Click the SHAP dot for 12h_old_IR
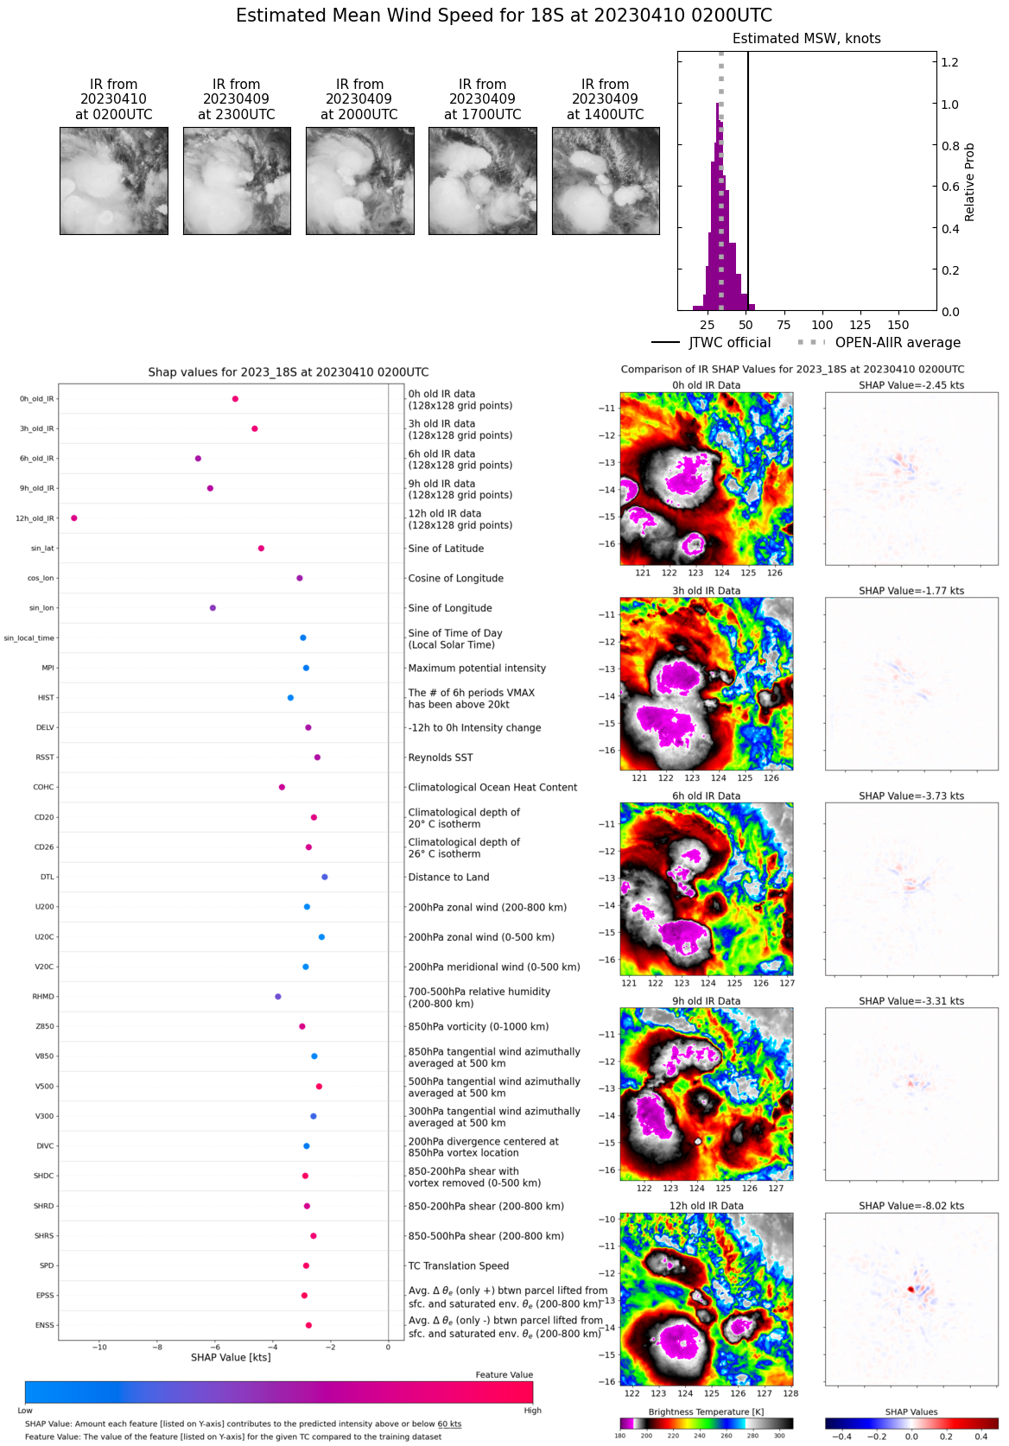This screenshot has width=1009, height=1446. pyautogui.click(x=74, y=518)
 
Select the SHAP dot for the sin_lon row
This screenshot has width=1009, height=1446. pyautogui.click(x=213, y=608)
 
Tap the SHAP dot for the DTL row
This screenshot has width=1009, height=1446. pyautogui.click(x=325, y=877)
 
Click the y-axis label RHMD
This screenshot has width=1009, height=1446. pyautogui.click(x=43, y=997)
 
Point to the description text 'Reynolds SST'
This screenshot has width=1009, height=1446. pyautogui.click(x=441, y=758)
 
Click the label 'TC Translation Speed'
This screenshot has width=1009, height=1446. pyautogui.click(x=459, y=1266)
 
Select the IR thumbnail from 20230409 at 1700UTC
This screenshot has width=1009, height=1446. pyautogui.click(x=483, y=181)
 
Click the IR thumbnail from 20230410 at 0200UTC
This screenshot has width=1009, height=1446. pyautogui.click(x=114, y=181)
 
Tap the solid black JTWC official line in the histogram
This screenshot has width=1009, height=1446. pyautogui.click(x=748, y=173)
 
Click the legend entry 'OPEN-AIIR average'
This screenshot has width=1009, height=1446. pyautogui.click(x=898, y=343)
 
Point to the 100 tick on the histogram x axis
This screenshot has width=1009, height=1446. pyautogui.click(x=822, y=325)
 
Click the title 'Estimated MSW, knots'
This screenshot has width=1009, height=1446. pyautogui.click(x=807, y=39)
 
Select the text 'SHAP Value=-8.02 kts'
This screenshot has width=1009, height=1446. pyautogui.click(x=911, y=1206)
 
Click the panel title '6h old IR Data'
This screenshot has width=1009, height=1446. pyautogui.click(x=707, y=796)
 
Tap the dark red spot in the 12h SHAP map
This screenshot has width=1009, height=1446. pyautogui.click(x=911, y=1290)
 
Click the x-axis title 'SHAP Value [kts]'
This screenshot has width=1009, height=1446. pyautogui.click(x=231, y=1358)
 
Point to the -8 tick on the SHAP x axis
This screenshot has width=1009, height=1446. pyautogui.click(x=157, y=1347)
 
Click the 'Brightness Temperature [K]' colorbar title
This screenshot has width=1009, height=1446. pyautogui.click(x=707, y=1412)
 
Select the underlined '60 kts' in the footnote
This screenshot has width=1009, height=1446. pyautogui.click(x=449, y=1424)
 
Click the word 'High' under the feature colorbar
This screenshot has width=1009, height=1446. pyautogui.click(x=532, y=1411)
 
